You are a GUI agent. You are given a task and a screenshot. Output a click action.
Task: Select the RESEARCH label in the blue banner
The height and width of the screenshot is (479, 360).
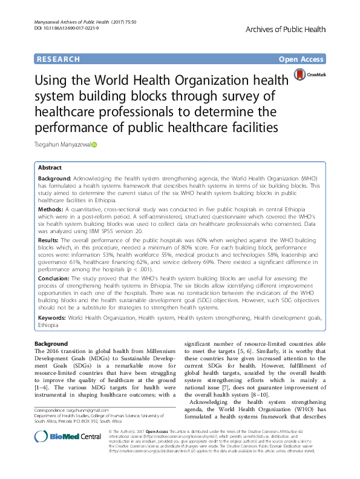(58, 59)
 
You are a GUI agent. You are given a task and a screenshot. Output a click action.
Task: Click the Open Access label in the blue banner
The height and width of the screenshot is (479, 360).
(301, 59)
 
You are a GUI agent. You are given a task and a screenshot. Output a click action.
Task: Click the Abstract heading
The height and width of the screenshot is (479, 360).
(50, 167)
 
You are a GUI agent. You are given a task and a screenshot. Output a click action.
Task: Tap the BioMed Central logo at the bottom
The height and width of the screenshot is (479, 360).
(68, 437)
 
